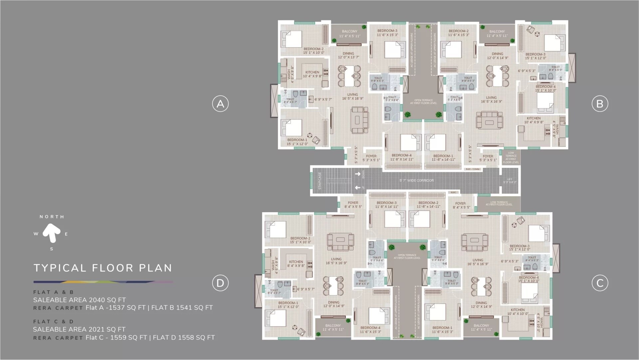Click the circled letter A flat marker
(220, 104)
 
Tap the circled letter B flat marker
(600, 104)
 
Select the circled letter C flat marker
(600, 283)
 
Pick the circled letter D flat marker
(220, 283)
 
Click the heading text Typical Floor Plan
(103, 268)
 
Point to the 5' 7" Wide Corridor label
(417, 180)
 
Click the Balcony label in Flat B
(497, 32)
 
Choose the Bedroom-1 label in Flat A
(297, 140)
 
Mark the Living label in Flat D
(336, 259)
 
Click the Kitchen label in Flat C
(518, 310)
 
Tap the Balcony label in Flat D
(333, 325)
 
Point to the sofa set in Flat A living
(360, 120)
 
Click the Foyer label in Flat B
(488, 156)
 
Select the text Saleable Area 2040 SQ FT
(79, 300)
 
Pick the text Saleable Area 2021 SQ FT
(79, 329)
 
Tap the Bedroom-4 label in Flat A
(401, 155)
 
